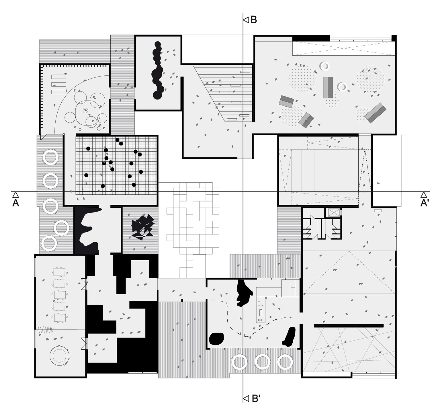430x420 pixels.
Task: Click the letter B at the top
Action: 253,20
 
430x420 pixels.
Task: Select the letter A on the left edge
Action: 16,203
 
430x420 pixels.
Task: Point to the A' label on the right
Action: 424,203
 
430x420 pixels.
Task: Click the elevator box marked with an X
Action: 333,213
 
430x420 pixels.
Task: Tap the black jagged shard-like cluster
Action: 142,226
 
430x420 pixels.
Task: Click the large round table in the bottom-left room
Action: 60,356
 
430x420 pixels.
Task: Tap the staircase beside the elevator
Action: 309,228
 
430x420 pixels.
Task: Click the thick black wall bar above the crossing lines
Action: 349,325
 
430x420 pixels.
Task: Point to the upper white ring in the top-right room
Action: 325,66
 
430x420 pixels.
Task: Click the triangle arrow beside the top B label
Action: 246,20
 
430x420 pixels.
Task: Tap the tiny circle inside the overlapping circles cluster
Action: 85,110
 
